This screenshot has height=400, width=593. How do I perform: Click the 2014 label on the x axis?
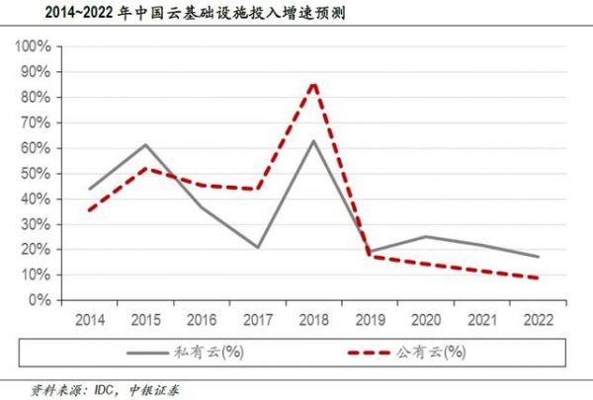[89, 319]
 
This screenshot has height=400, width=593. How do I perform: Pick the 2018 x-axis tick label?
[314, 319]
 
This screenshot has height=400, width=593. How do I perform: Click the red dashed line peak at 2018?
[314, 83]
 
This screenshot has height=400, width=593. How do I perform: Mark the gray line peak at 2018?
[314, 140]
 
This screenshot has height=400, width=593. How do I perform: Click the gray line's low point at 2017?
[258, 247]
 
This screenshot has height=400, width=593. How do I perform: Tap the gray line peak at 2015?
[145, 145]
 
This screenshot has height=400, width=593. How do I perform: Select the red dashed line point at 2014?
[89, 209]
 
